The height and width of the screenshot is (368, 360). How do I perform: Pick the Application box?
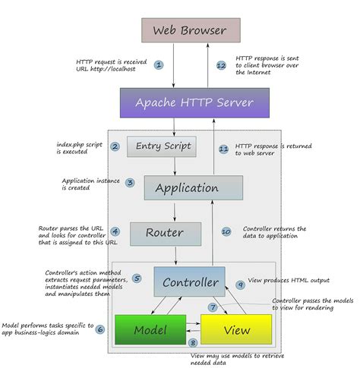(193, 187)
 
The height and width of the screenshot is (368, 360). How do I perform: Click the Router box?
(166, 232)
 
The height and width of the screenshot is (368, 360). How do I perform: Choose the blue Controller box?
(189, 282)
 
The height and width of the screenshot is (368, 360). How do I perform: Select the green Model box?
(150, 329)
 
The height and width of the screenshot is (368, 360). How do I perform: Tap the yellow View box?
(235, 329)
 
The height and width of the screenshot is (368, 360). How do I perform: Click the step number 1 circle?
(159, 65)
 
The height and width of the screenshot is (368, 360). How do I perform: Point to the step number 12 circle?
(221, 65)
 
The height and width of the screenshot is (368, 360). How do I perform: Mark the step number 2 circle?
(115, 146)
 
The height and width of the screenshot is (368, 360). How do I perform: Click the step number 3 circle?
(130, 183)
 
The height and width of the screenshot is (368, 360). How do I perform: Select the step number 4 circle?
(115, 231)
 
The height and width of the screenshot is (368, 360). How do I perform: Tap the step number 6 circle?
(99, 329)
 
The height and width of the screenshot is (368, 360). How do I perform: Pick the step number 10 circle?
(226, 231)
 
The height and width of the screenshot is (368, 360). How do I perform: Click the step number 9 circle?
(239, 285)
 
